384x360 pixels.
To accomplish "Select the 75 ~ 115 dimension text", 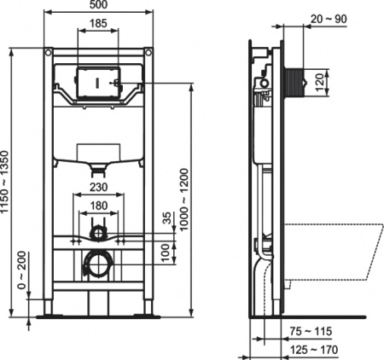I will click(x=308, y=330).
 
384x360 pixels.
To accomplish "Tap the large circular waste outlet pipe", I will click(x=98, y=264).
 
